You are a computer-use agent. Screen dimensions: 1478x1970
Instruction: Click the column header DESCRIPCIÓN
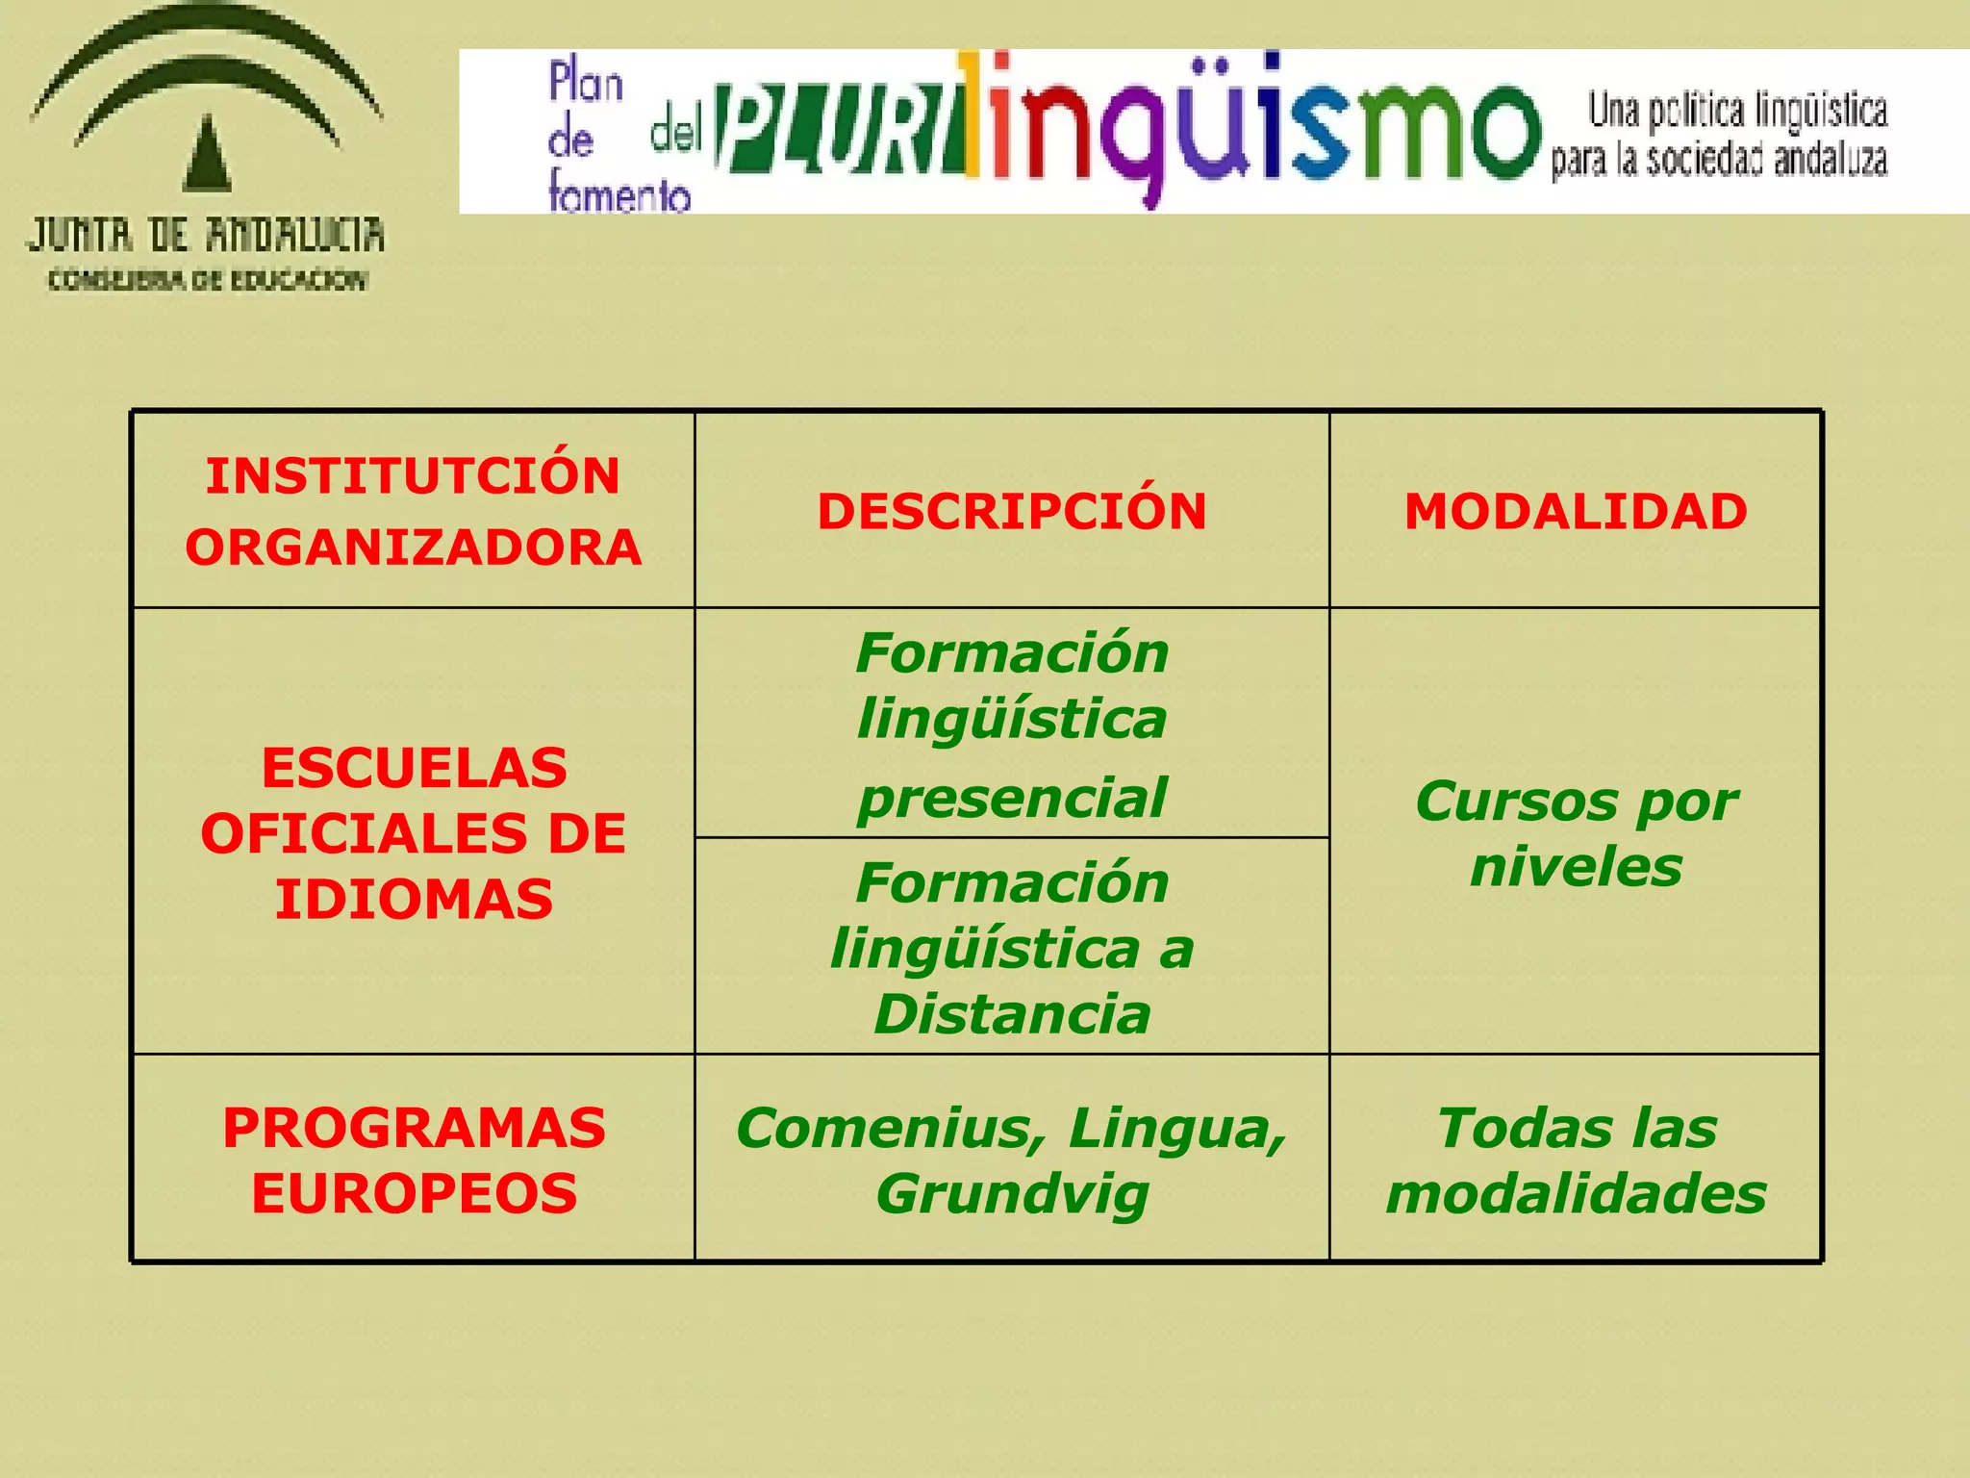[x=1012, y=511]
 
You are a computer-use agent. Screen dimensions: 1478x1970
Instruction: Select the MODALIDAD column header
[x=1576, y=511]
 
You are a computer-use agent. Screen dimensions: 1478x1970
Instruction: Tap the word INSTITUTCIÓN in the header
[x=413, y=475]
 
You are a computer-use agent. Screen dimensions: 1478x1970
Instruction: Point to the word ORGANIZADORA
[x=413, y=547]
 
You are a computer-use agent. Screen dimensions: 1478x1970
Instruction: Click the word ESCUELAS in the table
[x=414, y=768]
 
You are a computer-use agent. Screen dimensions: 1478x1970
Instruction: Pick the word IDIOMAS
[x=414, y=899]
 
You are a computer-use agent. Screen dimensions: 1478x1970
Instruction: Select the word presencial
[x=1012, y=799]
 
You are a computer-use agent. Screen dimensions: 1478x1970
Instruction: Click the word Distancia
[x=1012, y=1014]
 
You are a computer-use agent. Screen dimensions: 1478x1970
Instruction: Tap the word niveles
[x=1576, y=867]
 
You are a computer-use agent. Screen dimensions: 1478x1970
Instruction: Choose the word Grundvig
[x=1012, y=1194]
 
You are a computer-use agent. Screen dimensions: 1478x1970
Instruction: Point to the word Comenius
[x=891, y=1128]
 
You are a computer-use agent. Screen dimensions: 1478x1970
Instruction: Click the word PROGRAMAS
[x=414, y=1128]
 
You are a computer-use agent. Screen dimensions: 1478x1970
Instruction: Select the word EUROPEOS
[x=414, y=1194]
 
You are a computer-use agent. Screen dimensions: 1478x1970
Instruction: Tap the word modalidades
[x=1576, y=1194]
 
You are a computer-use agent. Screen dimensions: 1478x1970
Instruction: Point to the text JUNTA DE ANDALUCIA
[x=205, y=235]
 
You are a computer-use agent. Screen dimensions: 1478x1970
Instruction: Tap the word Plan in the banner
[x=585, y=83]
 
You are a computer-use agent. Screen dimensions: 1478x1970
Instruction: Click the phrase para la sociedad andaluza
[x=1718, y=160]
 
